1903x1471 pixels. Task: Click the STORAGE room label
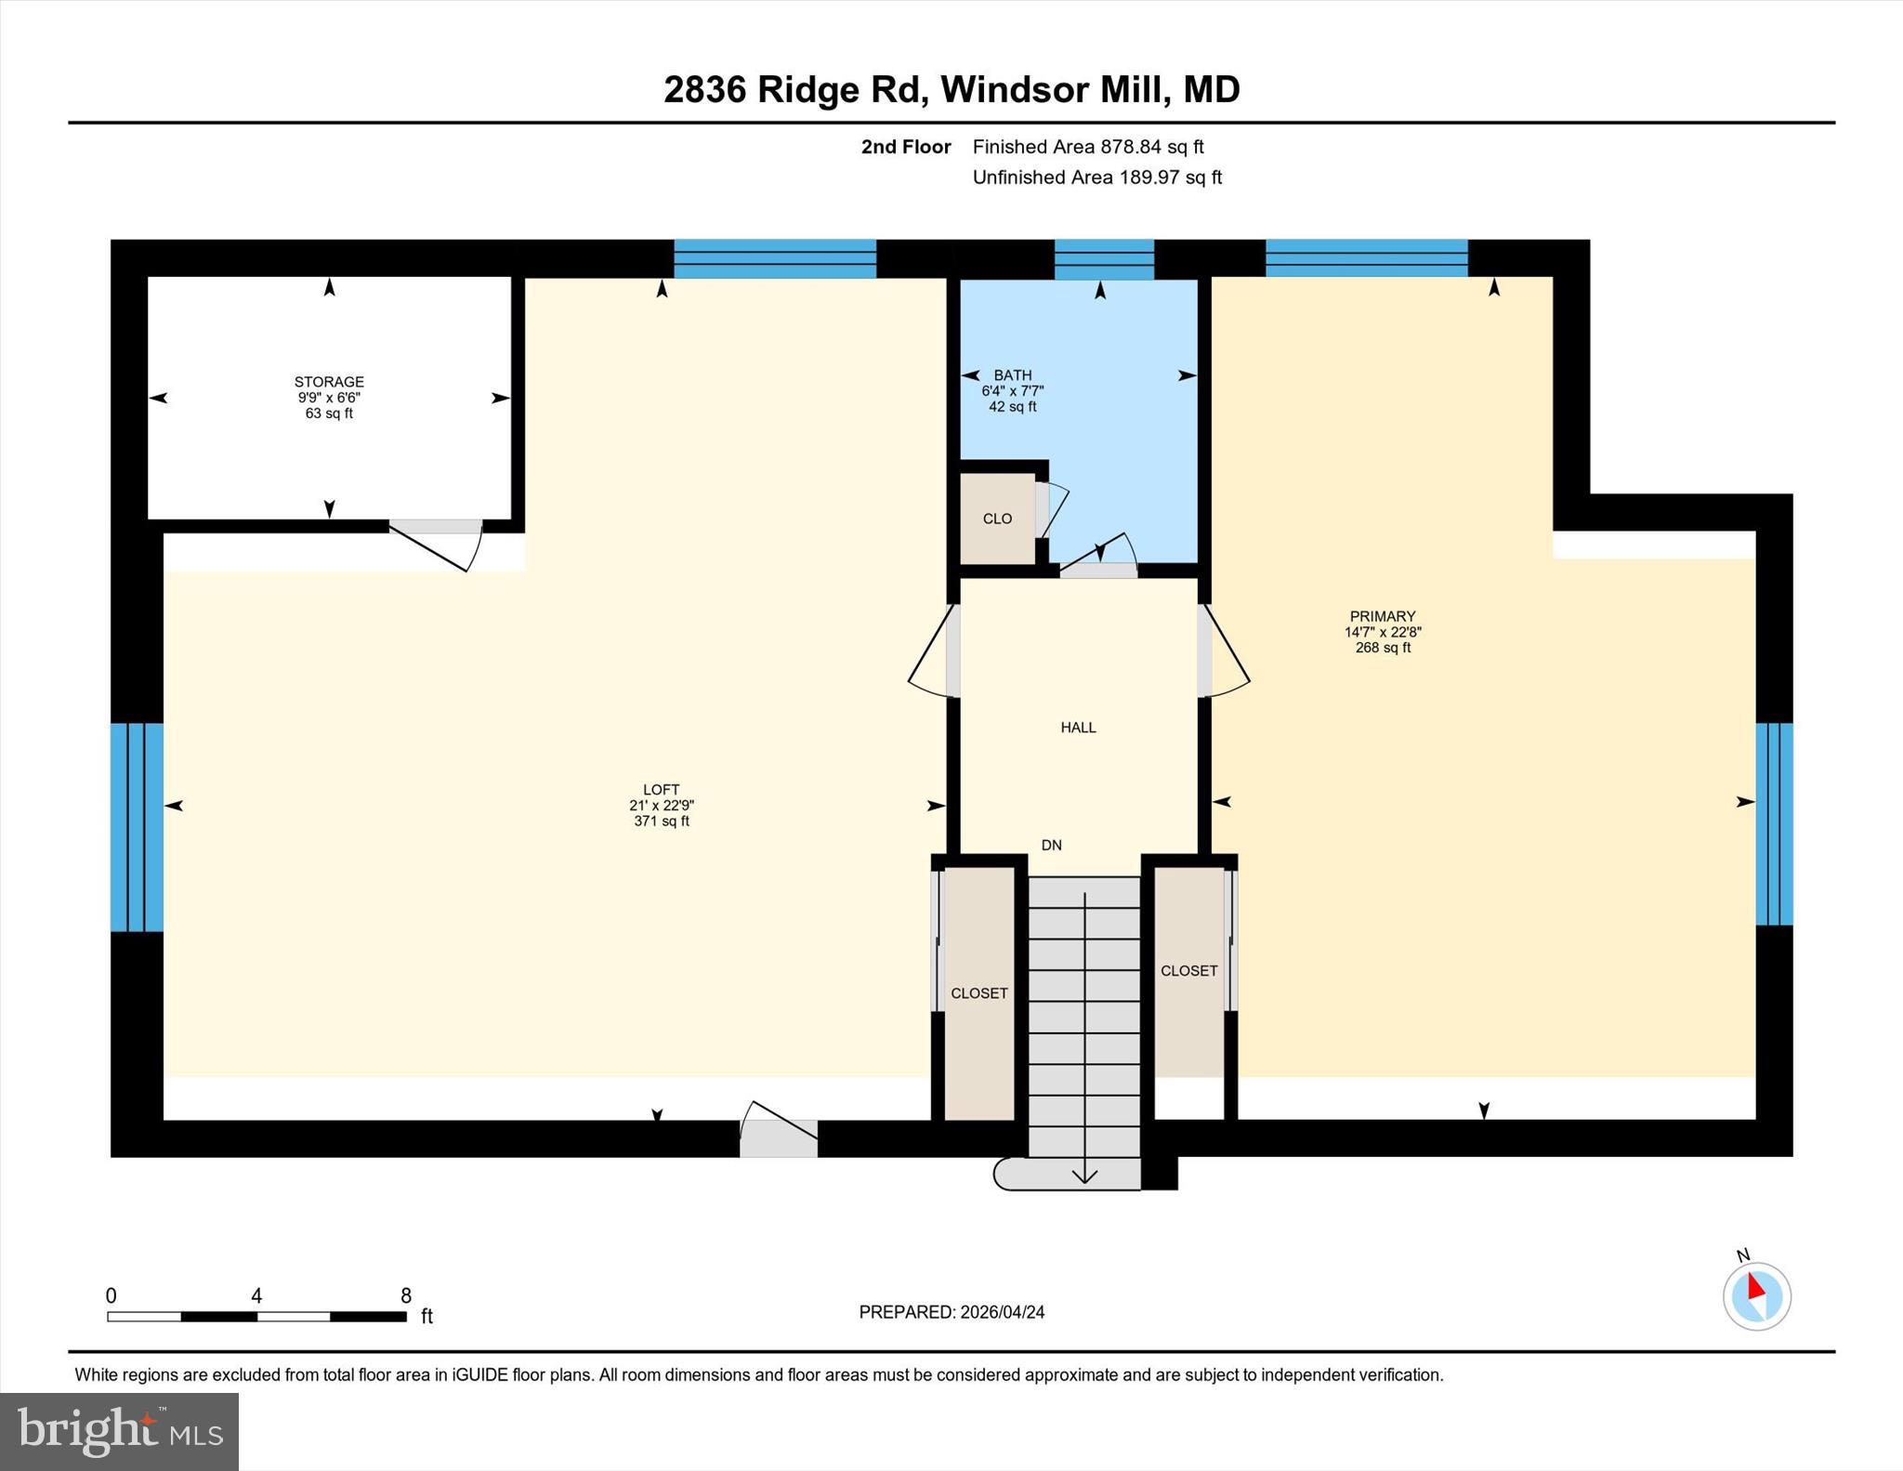pyautogui.click(x=329, y=382)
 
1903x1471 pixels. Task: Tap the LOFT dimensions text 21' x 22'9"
pyautogui.click(x=661, y=806)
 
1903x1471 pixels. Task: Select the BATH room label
pyautogui.click(x=1012, y=375)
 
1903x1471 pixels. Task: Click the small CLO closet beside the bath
pyautogui.click(x=997, y=519)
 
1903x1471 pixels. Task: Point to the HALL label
pyautogui.click(x=1078, y=728)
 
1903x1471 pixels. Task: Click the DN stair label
pyautogui.click(x=1051, y=845)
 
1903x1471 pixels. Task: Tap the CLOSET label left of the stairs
pyautogui.click(x=978, y=993)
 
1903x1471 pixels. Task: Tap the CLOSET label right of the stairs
pyautogui.click(x=1188, y=970)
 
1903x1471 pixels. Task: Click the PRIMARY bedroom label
pyautogui.click(x=1382, y=616)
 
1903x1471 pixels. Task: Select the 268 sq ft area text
pyautogui.click(x=1382, y=648)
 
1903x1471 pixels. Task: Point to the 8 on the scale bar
pyautogui.click(x=405, y=1295)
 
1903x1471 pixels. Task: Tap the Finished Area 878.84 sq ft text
pyautogui.click(x=1087, y=147)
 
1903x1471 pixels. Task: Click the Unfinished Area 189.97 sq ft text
pyautogui.click(x=1096, y=177)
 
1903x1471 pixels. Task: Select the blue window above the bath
pyautogui.click(x=1103, y=259)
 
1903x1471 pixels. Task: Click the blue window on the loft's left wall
pyautogui.click(x=137, y=827)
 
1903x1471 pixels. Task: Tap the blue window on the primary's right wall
pyautogui.click(x=1773, y=824)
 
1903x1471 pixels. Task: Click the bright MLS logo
pyautogui.click(x=119, y=1431)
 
